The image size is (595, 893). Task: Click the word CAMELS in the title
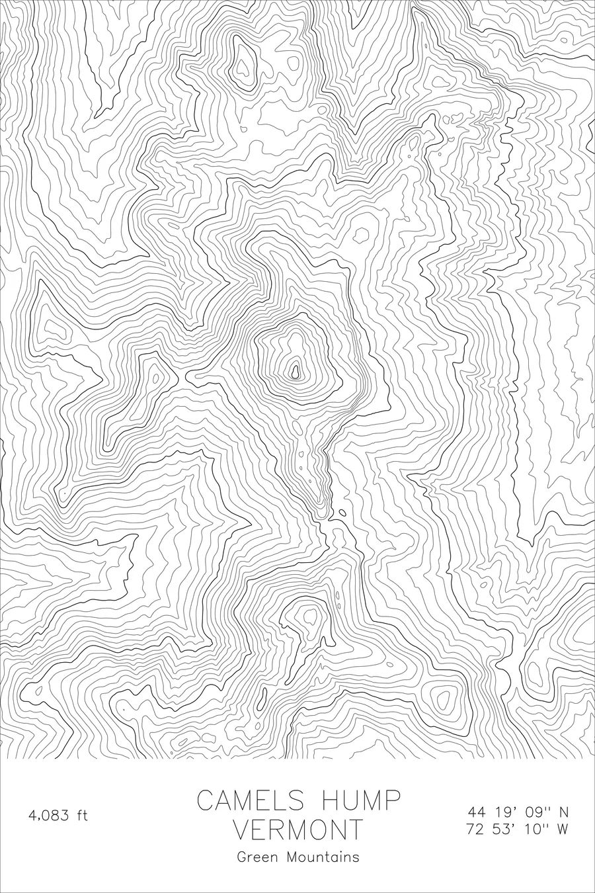(251, 801)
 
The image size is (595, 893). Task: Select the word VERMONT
(299, 829)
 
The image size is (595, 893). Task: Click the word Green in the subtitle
(258, 857)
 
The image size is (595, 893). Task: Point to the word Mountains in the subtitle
(323, 857)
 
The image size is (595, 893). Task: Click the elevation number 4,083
(49, 816)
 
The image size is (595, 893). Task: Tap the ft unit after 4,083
(81, 815)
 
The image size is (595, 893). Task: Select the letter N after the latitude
(564, 812)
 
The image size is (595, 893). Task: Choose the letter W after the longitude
(563, 829)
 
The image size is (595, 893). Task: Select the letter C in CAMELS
(205, 801)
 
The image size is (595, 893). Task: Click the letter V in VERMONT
(243, 829)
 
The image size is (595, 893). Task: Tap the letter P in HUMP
(393, 801)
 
